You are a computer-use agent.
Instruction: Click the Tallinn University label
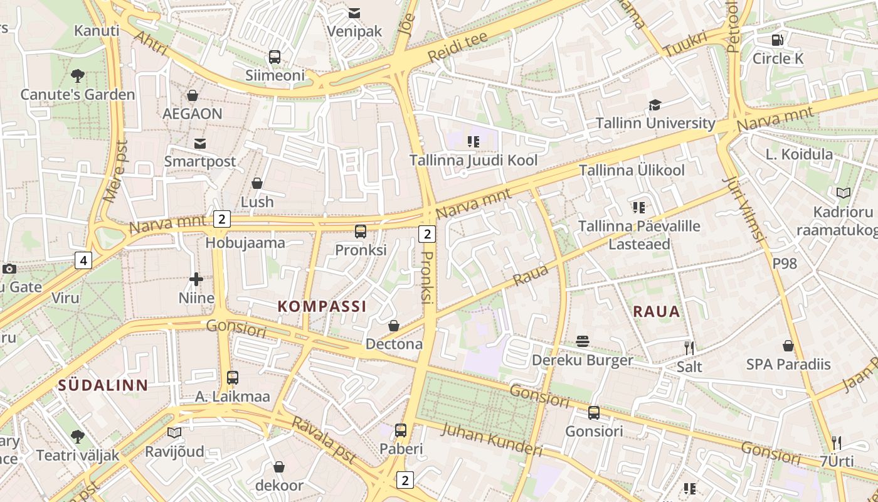point(655,123)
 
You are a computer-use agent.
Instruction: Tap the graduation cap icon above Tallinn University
point(655,105)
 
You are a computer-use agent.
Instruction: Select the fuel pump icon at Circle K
point(778,40)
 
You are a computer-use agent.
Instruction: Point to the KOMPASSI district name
point(322,306)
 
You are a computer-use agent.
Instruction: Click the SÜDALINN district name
point(103,385)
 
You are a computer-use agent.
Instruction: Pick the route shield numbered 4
point(83,260)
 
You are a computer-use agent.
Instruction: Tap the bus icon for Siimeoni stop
point(275,57)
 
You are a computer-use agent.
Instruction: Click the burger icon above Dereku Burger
point(583,341)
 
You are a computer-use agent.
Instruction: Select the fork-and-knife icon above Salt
point(689,348)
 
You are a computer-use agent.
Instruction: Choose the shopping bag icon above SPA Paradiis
point(788,346)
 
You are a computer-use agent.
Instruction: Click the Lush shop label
point(257,201)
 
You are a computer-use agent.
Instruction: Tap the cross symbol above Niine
point(196,279)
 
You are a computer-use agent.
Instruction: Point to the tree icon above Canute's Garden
point(78,76)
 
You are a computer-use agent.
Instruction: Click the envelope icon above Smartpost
point(200,144)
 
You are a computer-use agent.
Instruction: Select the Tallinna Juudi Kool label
point(473,160)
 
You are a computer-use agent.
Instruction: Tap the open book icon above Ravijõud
point(174,432)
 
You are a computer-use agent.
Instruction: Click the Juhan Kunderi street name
point(492,439)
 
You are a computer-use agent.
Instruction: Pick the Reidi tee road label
point(457,47)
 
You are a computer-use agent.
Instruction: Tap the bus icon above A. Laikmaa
point(233,378)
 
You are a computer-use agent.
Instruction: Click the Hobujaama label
point(245,243)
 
